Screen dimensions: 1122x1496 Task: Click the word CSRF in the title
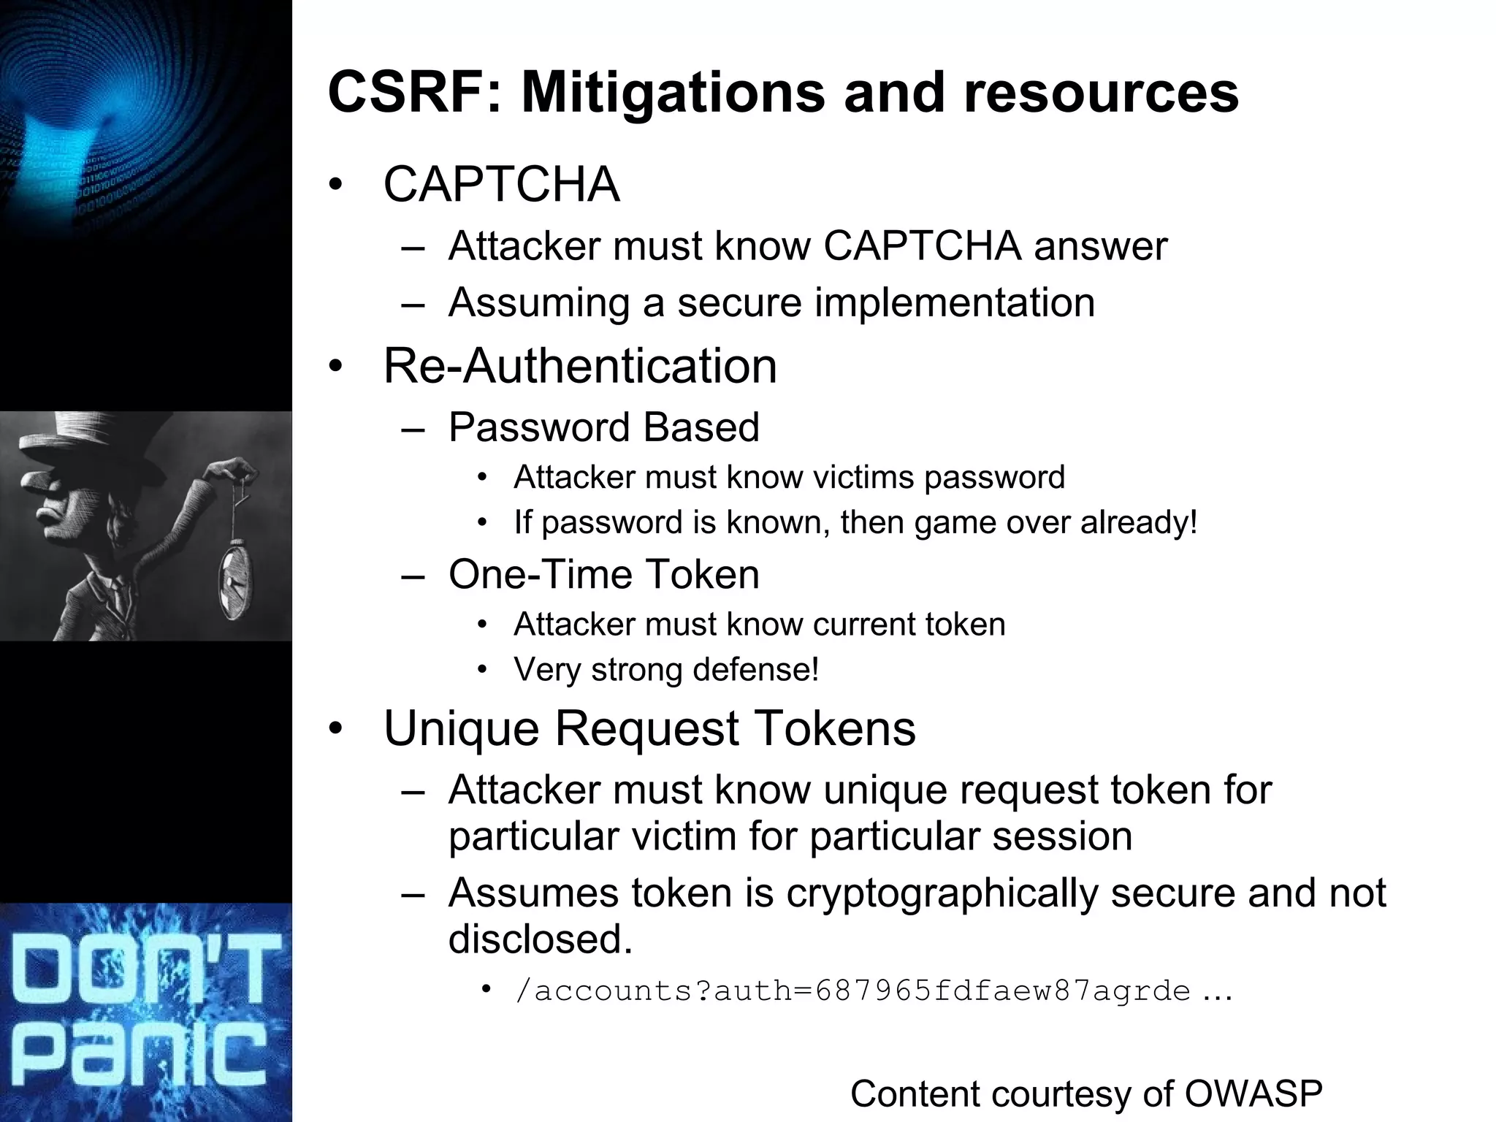click(x=409, y=92)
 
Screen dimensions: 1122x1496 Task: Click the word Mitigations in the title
click(x=672, y=93)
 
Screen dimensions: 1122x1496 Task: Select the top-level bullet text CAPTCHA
click(x=501, y=184)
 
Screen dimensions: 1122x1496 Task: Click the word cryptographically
click(x=942, y=893)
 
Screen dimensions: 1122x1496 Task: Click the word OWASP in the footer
click(x=1253, y=1094)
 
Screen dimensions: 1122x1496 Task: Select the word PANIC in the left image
click(x=142, y=1055)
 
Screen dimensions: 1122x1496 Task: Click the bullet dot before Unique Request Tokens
click(x=335, y=729)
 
